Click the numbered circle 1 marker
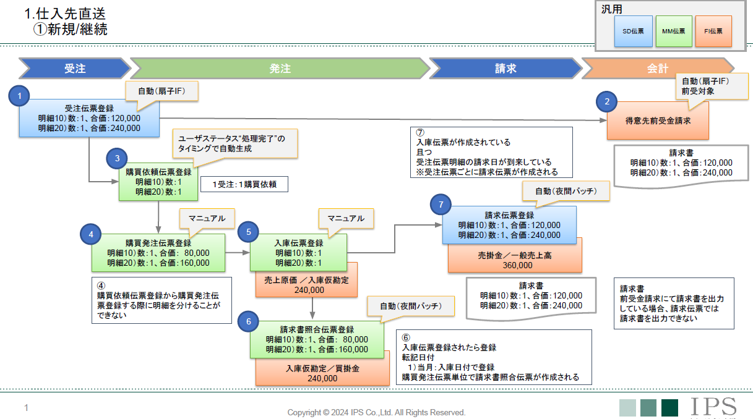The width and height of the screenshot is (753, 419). (x=20, y=96)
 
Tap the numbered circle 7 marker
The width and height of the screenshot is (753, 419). (x=441, y=204)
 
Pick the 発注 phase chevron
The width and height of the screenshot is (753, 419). (x=280, y=69)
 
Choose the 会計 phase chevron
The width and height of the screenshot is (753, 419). (x=658, y=69)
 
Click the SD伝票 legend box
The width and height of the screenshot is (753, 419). (x=633, y=32)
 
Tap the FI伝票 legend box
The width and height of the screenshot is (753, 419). (x=713, y=32)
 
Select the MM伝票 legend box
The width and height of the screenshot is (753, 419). (x=673, y=32)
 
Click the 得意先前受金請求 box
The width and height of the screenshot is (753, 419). (x=658, y=121)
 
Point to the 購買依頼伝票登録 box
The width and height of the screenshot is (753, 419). (x=158, y=182)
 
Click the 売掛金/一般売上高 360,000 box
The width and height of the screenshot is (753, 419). (x=514, y=260)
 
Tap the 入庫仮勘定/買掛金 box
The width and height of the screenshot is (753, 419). (x=322, y=373)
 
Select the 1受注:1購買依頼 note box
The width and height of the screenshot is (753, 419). (x=244, y=184)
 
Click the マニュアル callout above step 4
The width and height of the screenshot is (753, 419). (x=207, y=218)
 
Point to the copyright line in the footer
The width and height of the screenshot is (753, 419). (x=376, y=412)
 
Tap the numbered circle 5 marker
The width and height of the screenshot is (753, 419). (x=248, y=232)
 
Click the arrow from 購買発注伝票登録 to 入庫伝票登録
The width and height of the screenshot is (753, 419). (x=238, y=253)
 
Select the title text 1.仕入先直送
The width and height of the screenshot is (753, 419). (x=64, y=14)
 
